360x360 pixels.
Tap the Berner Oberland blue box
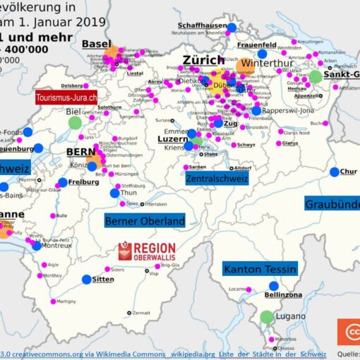coord(145,221)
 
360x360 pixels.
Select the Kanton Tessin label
coord(259,268)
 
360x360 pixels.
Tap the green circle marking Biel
coord(75,123)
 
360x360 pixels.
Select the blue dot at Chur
coord(334,172)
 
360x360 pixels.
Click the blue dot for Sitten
coord(86,280)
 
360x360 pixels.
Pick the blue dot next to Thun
coord(114,193)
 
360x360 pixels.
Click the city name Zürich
coord(203,61)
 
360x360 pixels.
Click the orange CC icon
coord(349,332)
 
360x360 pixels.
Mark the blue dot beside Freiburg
coord(63,182)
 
